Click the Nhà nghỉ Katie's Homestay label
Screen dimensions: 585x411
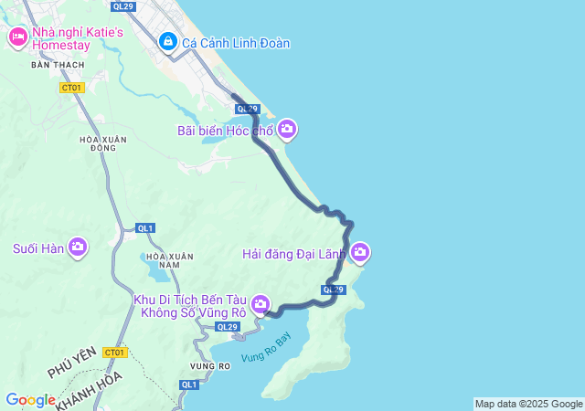[77, 39]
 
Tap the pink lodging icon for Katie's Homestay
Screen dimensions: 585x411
[17, 37]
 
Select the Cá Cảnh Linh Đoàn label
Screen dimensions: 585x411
[236, 42]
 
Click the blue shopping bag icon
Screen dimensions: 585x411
[168, 42]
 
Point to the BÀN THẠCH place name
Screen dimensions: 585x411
[57, 65]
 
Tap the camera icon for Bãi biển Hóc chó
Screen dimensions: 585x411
[287, 131]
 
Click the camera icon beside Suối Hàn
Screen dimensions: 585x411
[78, 248]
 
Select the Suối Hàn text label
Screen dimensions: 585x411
[37, 248]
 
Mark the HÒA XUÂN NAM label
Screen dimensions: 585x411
[166, 259]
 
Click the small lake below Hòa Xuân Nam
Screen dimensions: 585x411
[157, 273]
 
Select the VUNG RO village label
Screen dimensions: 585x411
[209, 366]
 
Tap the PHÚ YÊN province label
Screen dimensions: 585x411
[71, 372]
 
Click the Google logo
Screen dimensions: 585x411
[30, 400]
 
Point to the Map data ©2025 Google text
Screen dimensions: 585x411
[528, 404]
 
